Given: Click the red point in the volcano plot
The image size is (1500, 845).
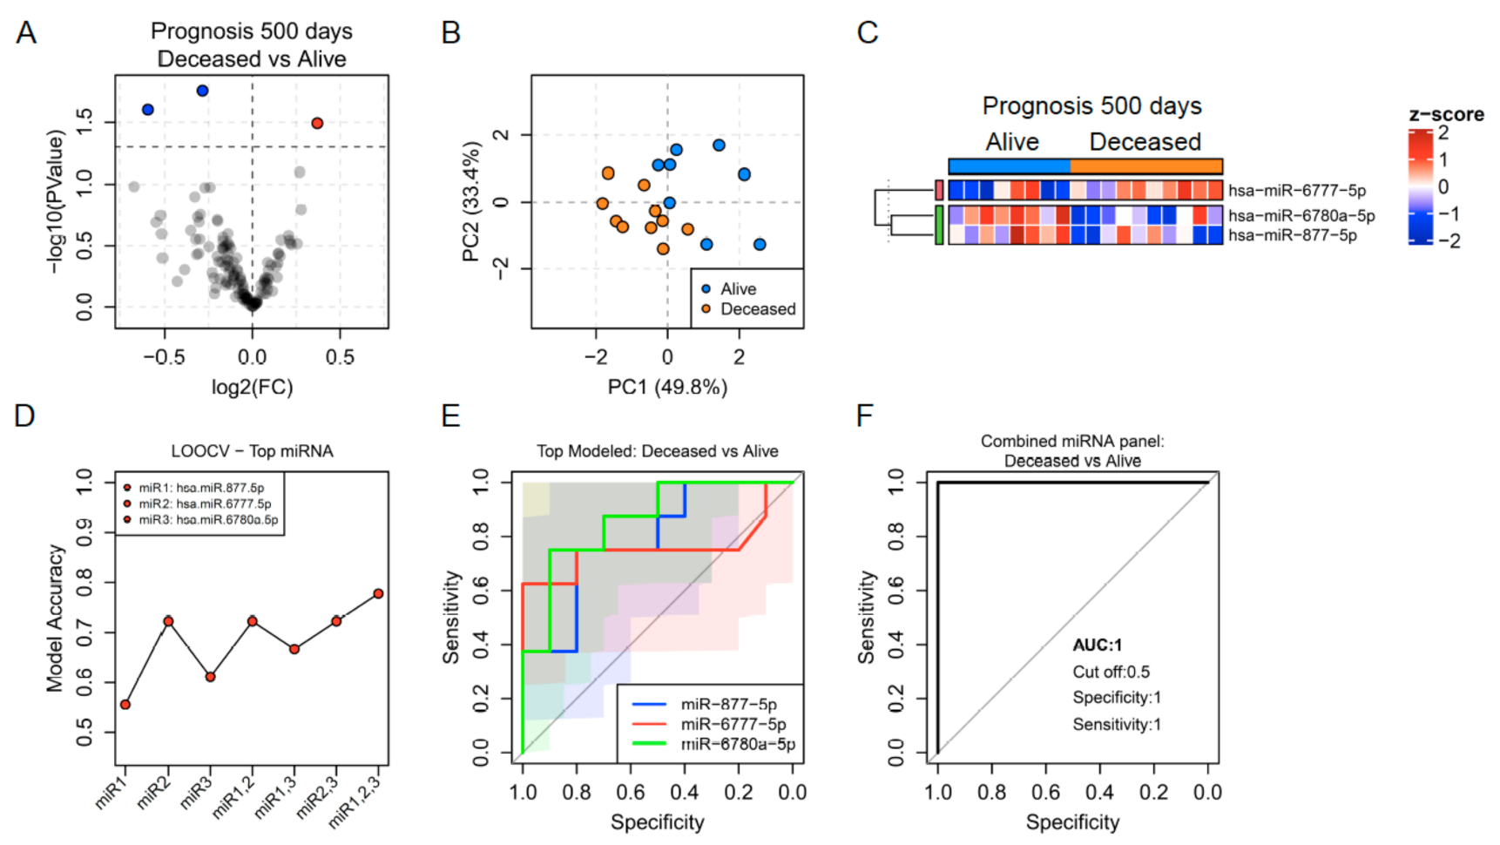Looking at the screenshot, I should tap(317, 123).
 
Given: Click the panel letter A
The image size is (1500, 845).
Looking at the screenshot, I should tap(26, 33).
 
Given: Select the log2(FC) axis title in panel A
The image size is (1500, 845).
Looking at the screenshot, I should tap(252, 387).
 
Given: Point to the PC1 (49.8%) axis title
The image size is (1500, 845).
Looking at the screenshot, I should tap(667, 387).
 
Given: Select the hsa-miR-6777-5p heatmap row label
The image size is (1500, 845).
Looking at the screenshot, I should tap(1296, 190).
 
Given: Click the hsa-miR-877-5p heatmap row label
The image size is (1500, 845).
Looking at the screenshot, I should tap(1292, 235).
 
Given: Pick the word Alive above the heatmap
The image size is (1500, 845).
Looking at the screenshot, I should tap(1012, 142).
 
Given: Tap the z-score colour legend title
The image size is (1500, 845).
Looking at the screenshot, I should tap(1446, 115).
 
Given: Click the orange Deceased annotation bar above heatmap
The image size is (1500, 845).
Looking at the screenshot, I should tap(1145, 166).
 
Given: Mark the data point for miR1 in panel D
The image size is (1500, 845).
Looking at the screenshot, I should tap(125, 704).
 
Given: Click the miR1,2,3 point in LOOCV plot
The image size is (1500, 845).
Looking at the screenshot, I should tap(378, 594).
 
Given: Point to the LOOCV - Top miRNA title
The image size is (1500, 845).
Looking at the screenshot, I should tap(252, 451).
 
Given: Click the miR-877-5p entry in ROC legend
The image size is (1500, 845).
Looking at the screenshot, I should tap(728, 704).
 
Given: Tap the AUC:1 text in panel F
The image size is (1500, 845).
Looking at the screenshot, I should tap(1097, 646).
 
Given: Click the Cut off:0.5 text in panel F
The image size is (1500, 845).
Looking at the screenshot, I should tap(1111, 672).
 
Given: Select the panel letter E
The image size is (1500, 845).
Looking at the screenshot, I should tap(450, 416).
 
